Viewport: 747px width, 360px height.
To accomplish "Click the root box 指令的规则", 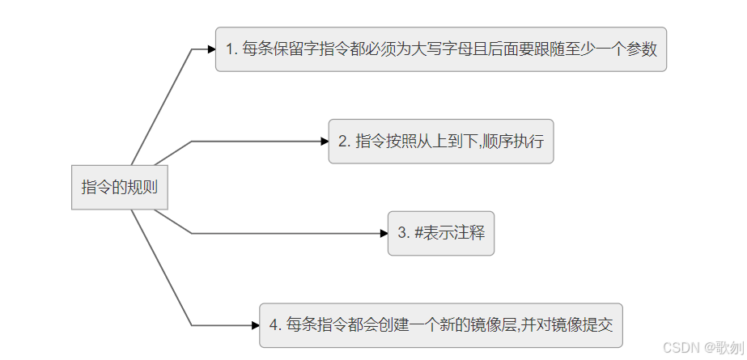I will [x=120, y=187].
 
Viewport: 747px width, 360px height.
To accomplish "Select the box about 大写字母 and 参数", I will [x=440, y=49].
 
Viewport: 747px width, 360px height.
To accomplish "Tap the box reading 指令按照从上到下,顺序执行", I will [x=440, y=141].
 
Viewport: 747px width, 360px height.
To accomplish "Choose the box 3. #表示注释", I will [x=440, y=233].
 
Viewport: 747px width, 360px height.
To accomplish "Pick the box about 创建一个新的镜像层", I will [x=440, y=325].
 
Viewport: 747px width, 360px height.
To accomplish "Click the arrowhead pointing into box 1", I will [x=211, y=49].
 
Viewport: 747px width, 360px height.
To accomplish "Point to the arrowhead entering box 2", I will [x=324, y=142].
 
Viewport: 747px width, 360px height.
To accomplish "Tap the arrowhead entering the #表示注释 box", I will [x=384, y=233].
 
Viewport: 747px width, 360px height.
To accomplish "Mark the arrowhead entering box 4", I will [x=255, y=325].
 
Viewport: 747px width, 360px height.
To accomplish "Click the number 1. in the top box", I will [x=231, y=49].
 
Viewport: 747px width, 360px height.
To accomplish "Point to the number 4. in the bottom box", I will [x=275, y=325].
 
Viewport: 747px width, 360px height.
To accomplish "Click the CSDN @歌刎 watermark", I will [x=700, y=347].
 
